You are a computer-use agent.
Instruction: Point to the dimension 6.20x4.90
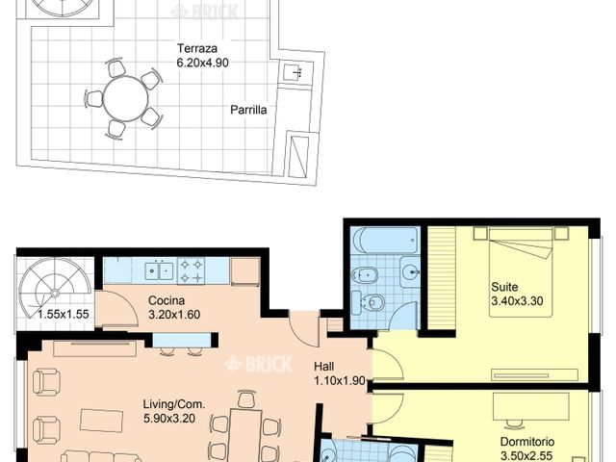(203, 63)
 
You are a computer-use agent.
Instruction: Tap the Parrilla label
(248, 110)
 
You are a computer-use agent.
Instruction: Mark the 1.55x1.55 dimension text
(62, 314)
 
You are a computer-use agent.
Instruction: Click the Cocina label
(166, 300)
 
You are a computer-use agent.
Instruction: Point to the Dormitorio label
(527, 443)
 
